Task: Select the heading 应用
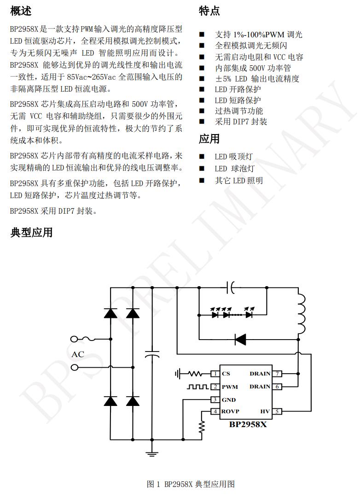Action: click(x=209, y=139)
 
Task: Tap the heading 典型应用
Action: click(x=31, y=233)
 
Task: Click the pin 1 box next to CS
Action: click(x=215, y=374)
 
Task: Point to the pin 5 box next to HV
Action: click(x=277, y=411)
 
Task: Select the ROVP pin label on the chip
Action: click(x=230, y=411)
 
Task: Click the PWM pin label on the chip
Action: click(x=230, y=387)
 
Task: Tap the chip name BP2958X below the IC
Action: click(x=248, y=425)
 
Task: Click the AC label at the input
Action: click(x=78, y=354)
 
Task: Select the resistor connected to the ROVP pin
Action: click(x=201, y=427)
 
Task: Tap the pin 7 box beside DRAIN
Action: click(x=277, y=374)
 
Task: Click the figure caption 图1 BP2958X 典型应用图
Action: click(x=191, y=484)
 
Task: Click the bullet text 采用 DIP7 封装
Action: click(x=241, y=122)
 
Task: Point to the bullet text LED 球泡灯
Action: click(x=234, y=169)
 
